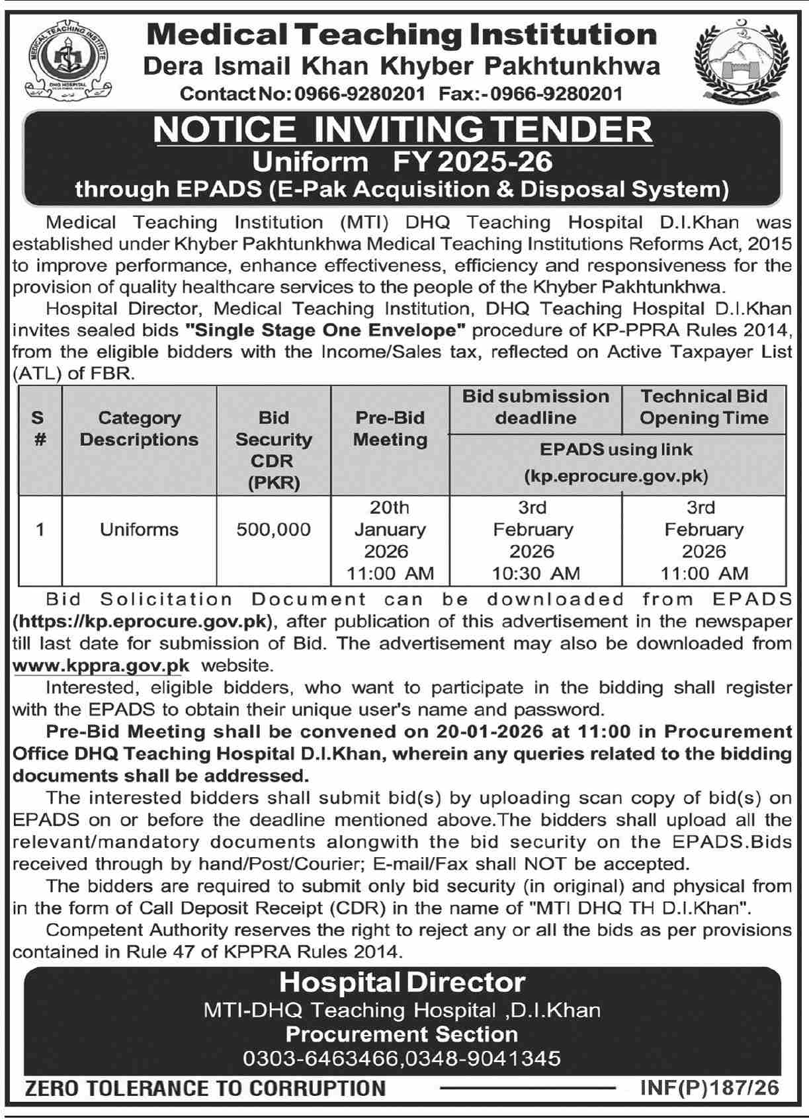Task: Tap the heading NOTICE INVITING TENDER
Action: (x=402, y=130)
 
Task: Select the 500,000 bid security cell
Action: (x=273, y=529)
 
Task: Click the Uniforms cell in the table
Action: (x=139, y=529)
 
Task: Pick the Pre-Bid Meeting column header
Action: (x=390, y=429)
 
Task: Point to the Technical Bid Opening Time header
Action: (x=704, y=407)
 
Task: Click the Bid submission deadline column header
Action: (x=535, y=407)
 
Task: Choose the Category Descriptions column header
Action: (x=139, y=429)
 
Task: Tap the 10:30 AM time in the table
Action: (x=535, y=573)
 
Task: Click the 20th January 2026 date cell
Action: (x=390, y=529)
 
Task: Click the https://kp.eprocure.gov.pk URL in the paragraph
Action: (x=143, y=622)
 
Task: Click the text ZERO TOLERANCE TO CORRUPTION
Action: (x=205, y=1088)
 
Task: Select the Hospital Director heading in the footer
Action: (x=402, y=982)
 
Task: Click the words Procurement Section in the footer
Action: (x=402, y=1034)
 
